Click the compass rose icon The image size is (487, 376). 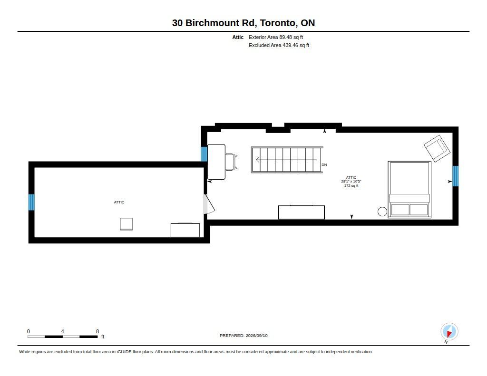pyautogui.click(x=449, y=332)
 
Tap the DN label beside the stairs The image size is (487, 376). pyautogui.click(x=324, y=164)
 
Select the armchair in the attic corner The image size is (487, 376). pyautogui.click(x=437, y=148)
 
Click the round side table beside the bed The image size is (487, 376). pyautogui.click(x=382, y=212)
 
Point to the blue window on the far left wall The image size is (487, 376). pyautogui.click(x=31, y=202)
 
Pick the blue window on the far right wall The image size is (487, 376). pyautogui.click(x=455, y=176)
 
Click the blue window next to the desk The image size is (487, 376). pyautogui.click(x=204, y=154)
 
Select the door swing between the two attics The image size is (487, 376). pyautogui.click(x=209, y=204)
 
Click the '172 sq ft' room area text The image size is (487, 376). pyautogui.click(x=351, y=186)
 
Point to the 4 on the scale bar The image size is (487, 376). pyautogui.click(x=62, y=331)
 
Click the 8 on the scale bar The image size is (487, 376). pyautogui.click(x=97, y=331)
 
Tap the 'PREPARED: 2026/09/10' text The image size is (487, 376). pyautogui.click(x=243, y=336)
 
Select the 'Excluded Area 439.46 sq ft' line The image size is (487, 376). pyautogui.click(x=279, y=45)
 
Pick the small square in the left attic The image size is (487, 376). pyautogui.click(x=127, y=224)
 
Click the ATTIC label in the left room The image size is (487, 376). pyautogui.click(x=119, y=202)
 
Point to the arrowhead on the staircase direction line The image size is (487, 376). pyautogui.click(x=258, y=160)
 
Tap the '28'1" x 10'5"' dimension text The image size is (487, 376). pyautogui.click(x=351, y=181)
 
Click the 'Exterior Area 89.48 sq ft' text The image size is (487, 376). pyautogui.click(x=276, y=37)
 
